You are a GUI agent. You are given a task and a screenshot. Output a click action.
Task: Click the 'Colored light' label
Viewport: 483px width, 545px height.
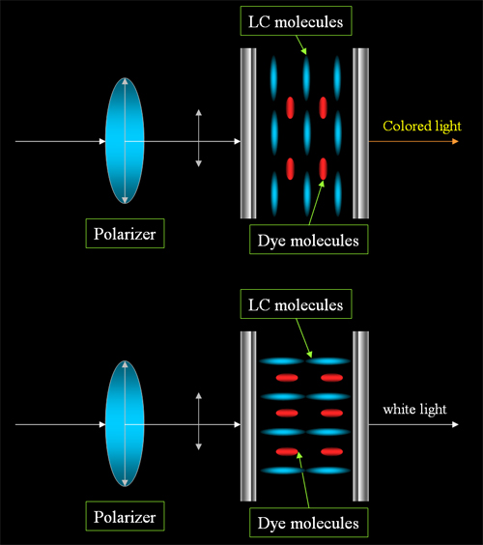click(422, 127)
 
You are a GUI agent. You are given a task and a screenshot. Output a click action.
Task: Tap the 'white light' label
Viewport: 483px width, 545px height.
click(414, 409)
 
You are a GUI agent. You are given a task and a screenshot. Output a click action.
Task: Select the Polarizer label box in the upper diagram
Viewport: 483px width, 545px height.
click(125, 234)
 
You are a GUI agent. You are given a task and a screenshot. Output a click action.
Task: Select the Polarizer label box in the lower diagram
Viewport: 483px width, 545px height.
click(125, 516)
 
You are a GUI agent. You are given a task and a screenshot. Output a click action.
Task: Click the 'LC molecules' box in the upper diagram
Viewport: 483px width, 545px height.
click(296, 21)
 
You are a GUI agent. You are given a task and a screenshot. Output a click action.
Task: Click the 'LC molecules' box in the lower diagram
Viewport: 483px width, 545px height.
click(296, 304)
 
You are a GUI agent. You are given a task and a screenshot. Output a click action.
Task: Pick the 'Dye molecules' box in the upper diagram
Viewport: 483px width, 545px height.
click(308, 240)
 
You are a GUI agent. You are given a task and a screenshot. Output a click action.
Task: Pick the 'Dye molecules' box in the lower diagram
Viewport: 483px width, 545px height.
click(308, 523)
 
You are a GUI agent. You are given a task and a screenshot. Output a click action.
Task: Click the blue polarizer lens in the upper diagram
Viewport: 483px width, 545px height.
click(125, 141)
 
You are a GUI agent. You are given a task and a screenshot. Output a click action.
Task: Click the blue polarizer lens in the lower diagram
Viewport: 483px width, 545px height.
click(125, 423)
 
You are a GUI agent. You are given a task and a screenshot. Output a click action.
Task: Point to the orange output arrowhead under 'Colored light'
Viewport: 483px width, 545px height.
click(455, 141)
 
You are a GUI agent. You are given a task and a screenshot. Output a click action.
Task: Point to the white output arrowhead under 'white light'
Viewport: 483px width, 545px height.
click(455, 424)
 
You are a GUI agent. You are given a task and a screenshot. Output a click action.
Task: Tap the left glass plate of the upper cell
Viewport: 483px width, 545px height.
click(248, 133)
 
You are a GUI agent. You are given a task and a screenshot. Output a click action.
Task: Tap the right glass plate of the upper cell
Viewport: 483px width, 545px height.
click(360, 133)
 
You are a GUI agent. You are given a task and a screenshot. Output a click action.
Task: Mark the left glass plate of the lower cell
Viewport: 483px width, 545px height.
click(248, 416)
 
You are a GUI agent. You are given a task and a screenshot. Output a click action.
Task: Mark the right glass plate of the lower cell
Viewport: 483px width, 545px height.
click(360, 416)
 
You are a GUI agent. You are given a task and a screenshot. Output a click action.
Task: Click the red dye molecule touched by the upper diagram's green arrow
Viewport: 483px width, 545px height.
click(324, 169)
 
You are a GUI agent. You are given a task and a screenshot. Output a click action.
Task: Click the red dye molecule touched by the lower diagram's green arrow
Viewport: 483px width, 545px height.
click(287, 452)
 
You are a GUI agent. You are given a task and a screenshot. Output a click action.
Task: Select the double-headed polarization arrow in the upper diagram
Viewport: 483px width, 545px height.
click(198, 138)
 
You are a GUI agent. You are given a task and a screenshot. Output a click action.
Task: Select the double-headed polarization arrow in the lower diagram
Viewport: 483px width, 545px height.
click(198, 421)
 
